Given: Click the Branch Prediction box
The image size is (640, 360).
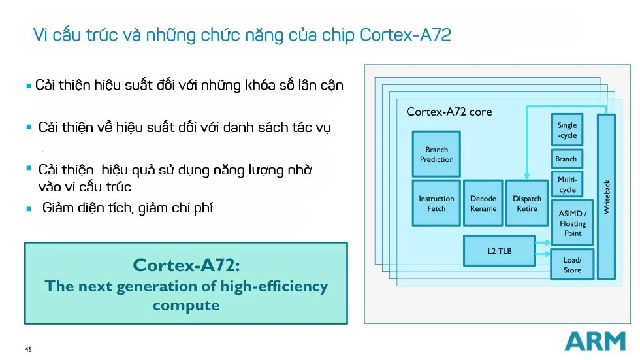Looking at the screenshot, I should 436,154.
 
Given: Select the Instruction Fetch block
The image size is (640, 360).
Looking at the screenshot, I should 436,203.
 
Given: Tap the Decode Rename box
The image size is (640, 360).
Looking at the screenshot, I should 483,203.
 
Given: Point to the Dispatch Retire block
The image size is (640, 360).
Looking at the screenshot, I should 526,203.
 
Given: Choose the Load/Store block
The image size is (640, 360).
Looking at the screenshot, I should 572,265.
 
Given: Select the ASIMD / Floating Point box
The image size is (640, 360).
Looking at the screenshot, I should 573,223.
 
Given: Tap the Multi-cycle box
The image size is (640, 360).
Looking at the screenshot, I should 568,184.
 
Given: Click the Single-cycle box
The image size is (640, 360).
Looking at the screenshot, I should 567,130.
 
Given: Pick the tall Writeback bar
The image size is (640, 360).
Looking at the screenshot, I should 606,196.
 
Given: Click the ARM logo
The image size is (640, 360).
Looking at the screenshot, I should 594,341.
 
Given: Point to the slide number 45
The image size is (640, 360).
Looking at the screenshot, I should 28,349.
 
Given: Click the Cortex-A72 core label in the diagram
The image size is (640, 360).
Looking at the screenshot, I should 449,112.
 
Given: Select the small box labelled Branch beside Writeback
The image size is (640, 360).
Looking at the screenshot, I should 566,159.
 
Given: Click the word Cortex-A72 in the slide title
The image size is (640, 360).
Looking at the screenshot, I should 405,35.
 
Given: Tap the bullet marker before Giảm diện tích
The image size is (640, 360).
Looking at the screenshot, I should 29,209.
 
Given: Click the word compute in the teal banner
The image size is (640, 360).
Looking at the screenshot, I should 186,305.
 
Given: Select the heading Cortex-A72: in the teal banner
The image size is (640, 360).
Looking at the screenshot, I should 186,265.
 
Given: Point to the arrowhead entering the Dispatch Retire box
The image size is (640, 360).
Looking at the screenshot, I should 526,177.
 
